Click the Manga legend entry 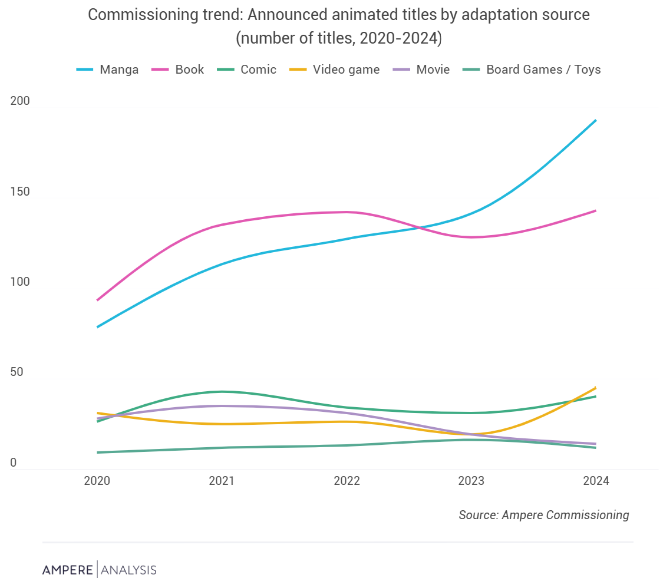click(x=108, y=70)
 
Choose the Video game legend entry click(x=335, y=70)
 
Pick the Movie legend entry click(x=421, y=70)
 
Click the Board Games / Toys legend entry click(x=532, y=70)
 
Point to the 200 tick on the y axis click(x=20, y=101)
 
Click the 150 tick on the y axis click(x=20, y=191)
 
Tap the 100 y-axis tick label click(x=20, y=282)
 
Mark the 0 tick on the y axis click(x=13, y=463)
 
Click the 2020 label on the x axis click(x=97, y=481)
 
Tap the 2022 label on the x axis click(x=347, y=481)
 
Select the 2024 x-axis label click(x=596, y=481)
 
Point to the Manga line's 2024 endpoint click(x=596, y=120)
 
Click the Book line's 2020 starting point click(x=97, y=300)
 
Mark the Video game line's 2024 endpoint click(x=596, y=388)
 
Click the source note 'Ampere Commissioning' click(x=543, y=515)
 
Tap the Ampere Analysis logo click(x=99, y=570)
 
